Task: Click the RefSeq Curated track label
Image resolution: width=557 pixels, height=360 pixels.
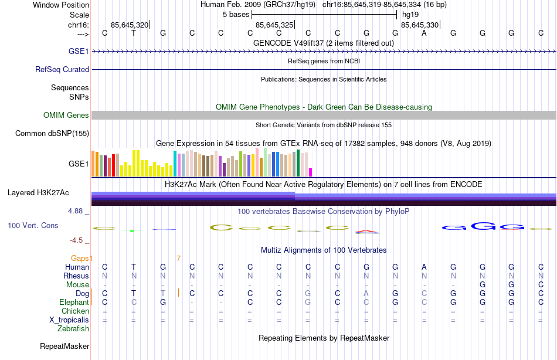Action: coord(62,69)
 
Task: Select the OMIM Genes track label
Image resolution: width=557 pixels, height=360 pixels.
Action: coord(66,116)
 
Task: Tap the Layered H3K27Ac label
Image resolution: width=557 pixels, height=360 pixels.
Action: coord(38,192)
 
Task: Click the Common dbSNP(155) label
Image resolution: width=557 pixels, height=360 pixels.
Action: coord(52,134)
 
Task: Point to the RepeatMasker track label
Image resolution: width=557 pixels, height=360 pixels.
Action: coord(64,347)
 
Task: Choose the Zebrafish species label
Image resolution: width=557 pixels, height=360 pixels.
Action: coord(73,329)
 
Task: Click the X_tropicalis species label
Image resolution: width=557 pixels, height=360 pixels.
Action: coord(69,320)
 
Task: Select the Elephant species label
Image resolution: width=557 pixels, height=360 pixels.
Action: coord(74,303)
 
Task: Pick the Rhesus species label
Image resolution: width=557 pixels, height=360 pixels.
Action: coord(76,276)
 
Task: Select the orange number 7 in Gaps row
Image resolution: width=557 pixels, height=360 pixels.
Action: coord(178,258)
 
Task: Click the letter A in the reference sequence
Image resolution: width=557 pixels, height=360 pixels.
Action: coord(424,33)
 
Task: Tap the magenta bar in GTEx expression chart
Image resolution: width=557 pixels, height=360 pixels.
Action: coord(311,172)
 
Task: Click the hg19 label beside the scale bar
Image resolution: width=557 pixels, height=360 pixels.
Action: coord(410,14)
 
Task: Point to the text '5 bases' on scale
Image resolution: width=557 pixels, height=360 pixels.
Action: coord(236,14)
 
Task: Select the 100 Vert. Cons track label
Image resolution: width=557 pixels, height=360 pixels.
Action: coord(33,225)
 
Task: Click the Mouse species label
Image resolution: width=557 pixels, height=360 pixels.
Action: coord(78,285)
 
